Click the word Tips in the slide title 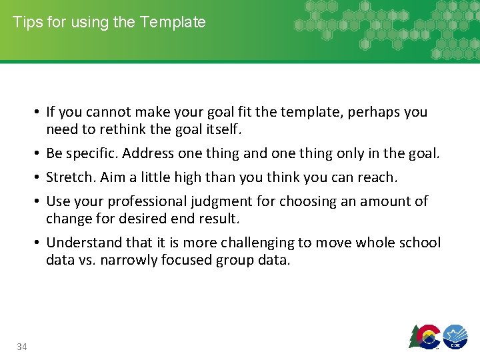pyautogui.click(x=26, y=22)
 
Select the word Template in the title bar pyautogui.click(x=173, y=22)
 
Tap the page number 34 pyautogui.click(x=22, y=346)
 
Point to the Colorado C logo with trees pyautogui.click(x=425, y=336)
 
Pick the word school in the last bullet pyautogui.click(x=419, y=242)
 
